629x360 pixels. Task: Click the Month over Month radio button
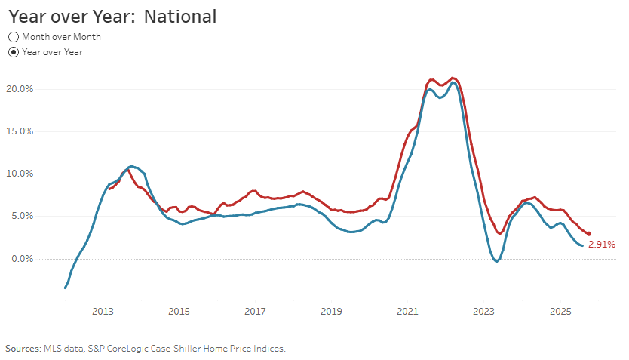[14, 37]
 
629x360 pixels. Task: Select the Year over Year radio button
[14, 52]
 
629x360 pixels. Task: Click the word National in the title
[180, 17]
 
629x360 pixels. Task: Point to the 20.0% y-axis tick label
[20, 89]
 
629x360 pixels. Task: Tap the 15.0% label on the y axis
[20, 131]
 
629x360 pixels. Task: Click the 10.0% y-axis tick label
[20, 174]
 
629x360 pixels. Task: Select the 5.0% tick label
[22, 217]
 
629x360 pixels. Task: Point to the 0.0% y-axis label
[22, 259]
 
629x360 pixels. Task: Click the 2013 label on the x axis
[103, 312]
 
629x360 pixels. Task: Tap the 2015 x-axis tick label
[179, 312]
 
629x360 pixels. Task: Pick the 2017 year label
[255, 312]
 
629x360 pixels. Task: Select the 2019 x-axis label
[331, 312]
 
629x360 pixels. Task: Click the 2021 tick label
[407, 312]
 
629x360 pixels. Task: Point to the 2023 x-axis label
[483, 312]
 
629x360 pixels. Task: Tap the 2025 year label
[560, 312]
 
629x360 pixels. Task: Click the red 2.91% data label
[602, 245]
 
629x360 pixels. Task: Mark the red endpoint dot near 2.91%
[588, 234]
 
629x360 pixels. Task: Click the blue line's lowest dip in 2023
[496, 262]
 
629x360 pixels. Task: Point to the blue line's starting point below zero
[65, 288]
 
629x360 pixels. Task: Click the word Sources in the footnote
[23, 349]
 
